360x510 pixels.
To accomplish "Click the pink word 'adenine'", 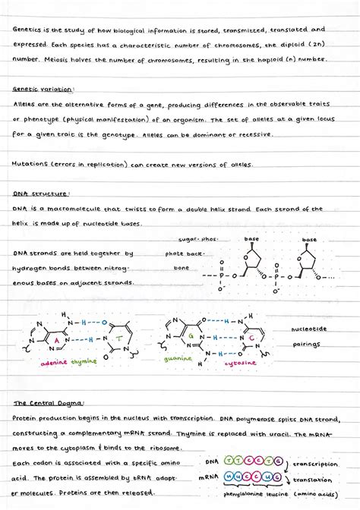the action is (50, 362).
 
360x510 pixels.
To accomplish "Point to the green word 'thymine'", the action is (85, 362).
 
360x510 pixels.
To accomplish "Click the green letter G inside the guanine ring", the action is (192, 334).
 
